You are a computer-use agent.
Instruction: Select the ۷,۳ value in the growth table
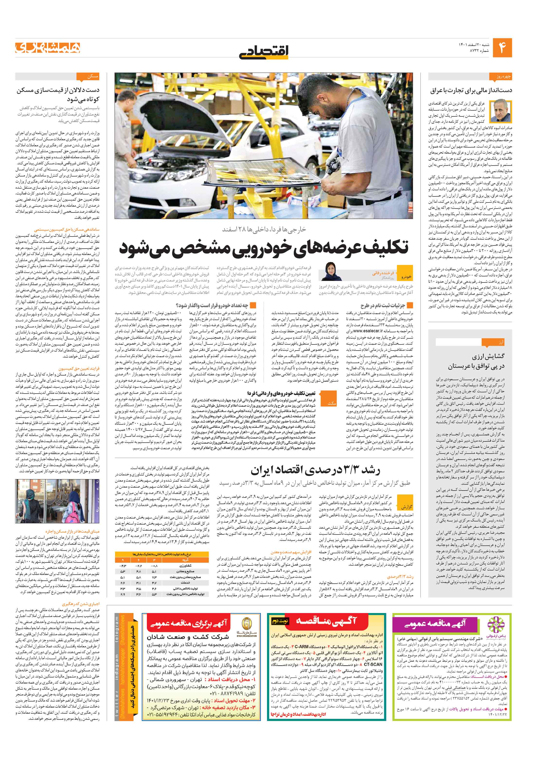click(x=154, y=577)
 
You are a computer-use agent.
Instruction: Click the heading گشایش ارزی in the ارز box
click(x=488, y=356)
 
